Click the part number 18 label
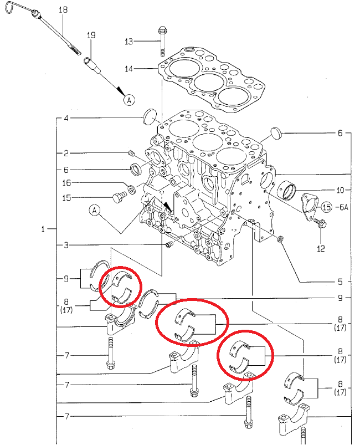[x=63, y=10]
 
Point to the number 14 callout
[x=129, y=69]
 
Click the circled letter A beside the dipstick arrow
[x=128, y=100]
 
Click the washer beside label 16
[x=131, y=190]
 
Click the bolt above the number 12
[x=320, y=224]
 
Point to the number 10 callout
[x=340, y=189]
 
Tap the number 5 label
[x=340, y=281]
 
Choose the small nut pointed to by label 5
[x=280, y=239]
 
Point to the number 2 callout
[x=65, y=153]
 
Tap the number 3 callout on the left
[x=65, y=244]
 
